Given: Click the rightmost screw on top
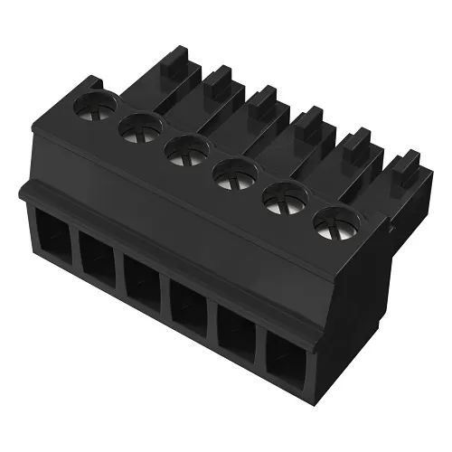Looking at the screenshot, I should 335,223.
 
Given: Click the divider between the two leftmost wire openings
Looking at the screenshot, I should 73,250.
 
